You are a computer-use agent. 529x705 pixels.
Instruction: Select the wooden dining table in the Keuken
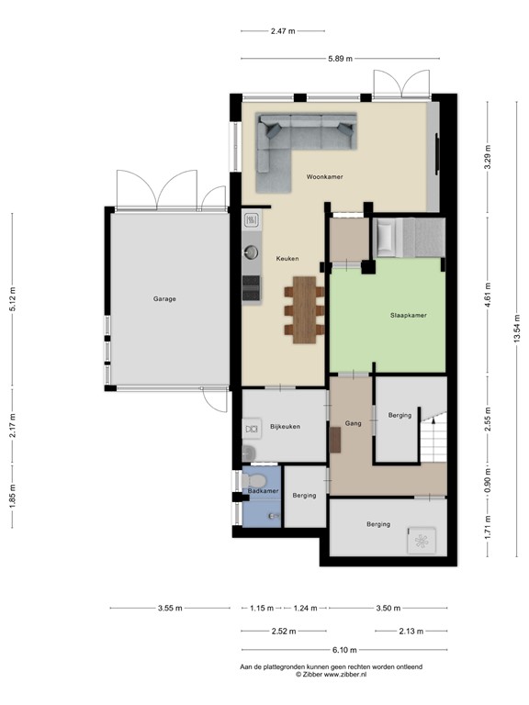(x=303, y=309)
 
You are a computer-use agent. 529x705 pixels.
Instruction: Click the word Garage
(x=164, y=298)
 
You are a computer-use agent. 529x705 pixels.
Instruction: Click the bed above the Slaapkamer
(x=408, y=237)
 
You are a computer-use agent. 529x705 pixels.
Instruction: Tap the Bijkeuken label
(x=286, y=426)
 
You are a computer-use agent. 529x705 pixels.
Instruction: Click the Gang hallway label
(x=353, y=423)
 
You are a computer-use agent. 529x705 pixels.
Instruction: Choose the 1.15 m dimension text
(x=263, y=608)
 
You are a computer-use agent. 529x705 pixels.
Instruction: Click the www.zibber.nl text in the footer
(x=344, y=674)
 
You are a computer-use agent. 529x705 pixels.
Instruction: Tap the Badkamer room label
(x=263, y=492)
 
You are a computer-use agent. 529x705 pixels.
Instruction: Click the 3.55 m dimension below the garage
(x=169, y=608)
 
